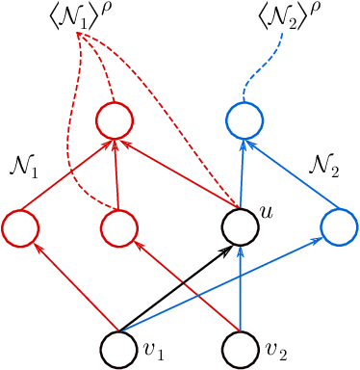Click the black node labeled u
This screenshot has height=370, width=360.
240,227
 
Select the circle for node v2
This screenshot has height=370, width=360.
240,348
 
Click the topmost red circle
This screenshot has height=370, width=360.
114,120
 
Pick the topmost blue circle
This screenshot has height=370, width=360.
244,120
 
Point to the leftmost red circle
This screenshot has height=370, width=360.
20,227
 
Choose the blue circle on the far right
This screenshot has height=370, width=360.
338,227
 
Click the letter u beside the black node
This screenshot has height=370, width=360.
266,208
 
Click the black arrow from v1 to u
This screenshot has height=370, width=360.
178,288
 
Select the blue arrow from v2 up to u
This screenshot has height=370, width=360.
240,289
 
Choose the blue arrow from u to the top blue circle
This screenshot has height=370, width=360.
242,173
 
